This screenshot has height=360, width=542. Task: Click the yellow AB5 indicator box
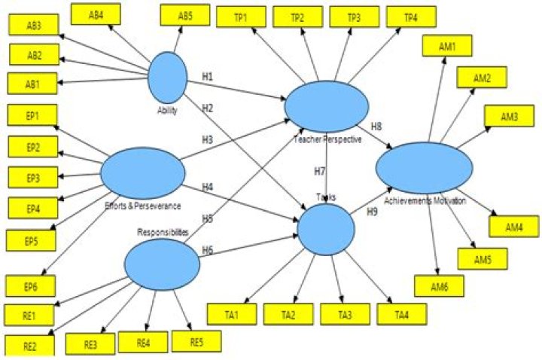pos(185,15)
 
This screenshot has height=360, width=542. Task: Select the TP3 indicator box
pos(353,17)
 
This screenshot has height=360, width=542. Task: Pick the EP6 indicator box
pos(31,286)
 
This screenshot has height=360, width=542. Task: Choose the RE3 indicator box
pos(91,344)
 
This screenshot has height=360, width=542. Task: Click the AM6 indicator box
pos(438,285)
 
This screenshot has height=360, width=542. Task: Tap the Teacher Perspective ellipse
pos(327,105)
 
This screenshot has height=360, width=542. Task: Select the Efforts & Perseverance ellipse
pos(142,171)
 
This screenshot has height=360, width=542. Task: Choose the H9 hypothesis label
pos(371,213)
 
